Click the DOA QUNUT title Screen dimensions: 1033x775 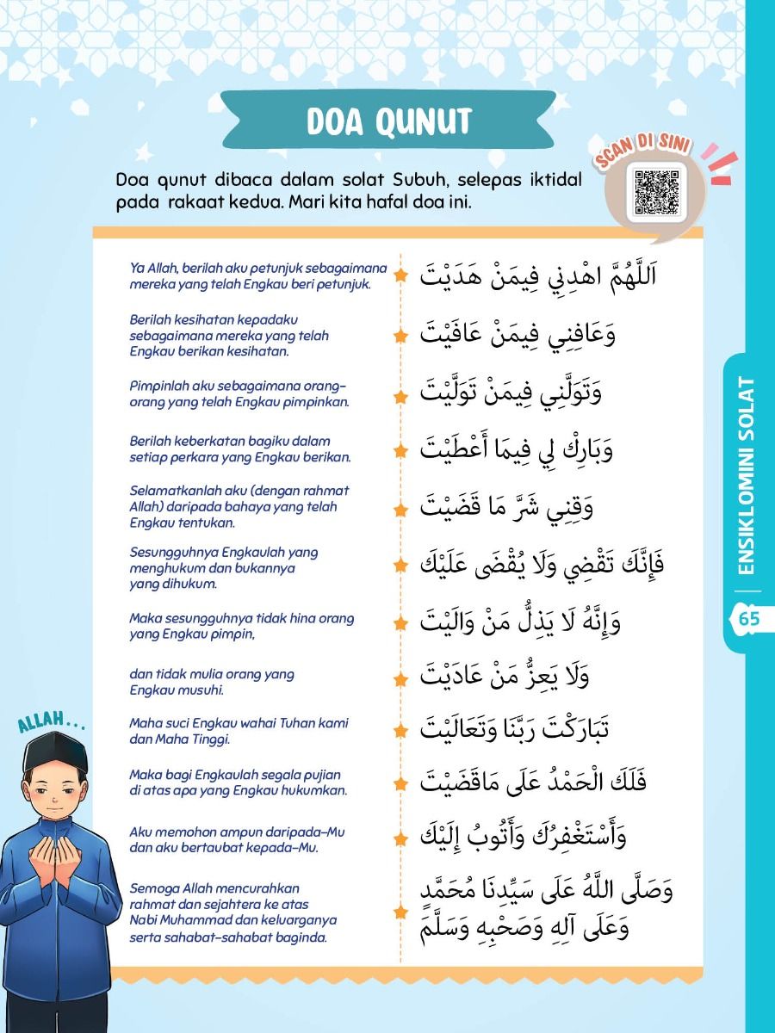(x=389, y=121)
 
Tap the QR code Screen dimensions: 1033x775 (x=656, y=192)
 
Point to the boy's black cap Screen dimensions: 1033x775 (x=56, y=752)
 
